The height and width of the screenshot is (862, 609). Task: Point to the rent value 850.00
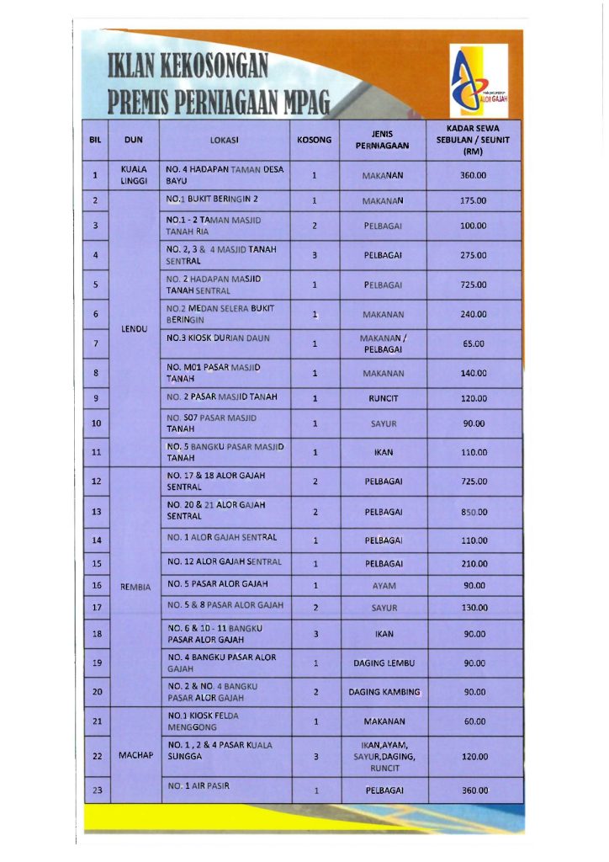474,512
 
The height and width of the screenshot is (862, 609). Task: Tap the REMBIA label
135,586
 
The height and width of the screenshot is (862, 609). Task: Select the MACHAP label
135,755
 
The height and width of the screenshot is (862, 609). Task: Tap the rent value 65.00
474,343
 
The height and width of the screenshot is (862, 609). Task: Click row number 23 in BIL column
96,790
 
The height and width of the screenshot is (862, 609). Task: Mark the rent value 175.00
474,201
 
